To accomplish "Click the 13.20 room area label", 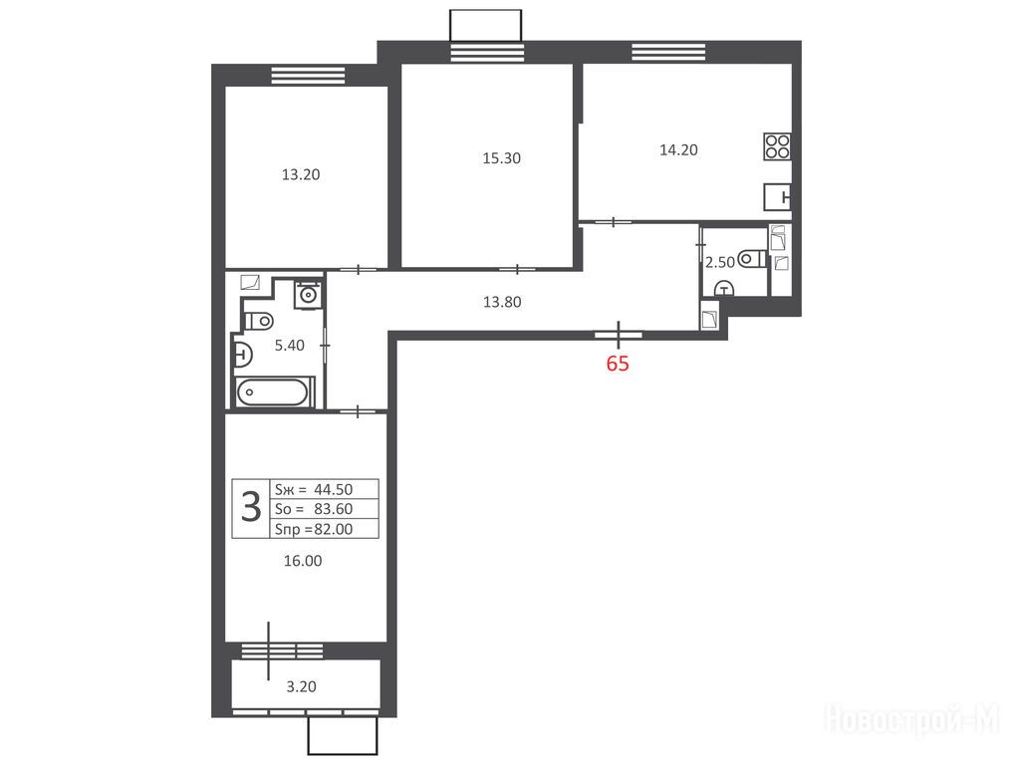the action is (x=301, y=174).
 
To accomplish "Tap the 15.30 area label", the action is (x=501, y=158).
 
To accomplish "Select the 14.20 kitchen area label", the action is (x=678, y=149).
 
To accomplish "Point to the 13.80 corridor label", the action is (x=502, y=302).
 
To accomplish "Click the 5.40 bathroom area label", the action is (x=290, y=346).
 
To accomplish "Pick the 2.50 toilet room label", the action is (x=720, y=262).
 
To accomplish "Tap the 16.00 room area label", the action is (x=303, y=561).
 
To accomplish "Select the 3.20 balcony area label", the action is (x=301, y=687).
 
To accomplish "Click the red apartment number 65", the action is (x=618, y=364).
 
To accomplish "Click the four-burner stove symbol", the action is (x=777, y=146).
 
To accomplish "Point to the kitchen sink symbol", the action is (x=777, y=196).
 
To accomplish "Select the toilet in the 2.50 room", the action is (x=752, y=259).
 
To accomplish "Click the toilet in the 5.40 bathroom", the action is (x=259, y=321).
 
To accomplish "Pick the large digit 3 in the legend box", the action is (x=251, y=507).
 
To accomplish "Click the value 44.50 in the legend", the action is (x=334, y=490).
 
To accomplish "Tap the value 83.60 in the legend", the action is (x=334, y=509).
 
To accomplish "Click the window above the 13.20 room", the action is (x=308, y=75).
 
